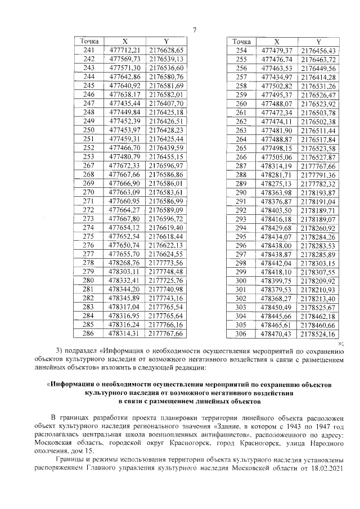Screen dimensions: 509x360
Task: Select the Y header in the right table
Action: tap(319, 42)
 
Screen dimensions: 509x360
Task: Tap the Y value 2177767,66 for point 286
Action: tap(166, 334)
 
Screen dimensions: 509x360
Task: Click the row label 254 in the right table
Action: tap(241, 50)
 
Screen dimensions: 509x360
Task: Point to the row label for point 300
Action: tap(241, 280)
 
